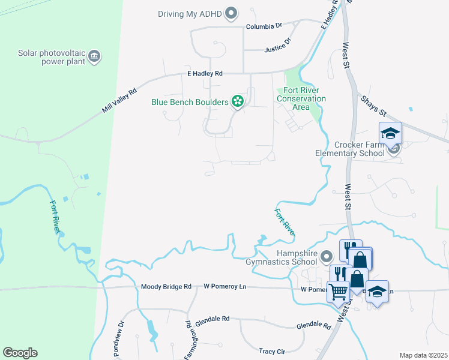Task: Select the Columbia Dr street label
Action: (264, 26)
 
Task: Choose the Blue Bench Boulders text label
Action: (190, 102)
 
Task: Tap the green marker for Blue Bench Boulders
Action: (238, 102)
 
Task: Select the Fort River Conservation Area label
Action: (301, 98)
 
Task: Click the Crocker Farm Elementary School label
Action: (350, 149)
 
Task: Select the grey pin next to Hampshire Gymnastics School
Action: (327, 257)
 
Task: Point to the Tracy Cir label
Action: (271, 351)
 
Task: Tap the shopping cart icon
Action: (338, 291)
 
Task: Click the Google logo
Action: (20, 353)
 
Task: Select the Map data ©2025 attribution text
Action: (423, 355)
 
